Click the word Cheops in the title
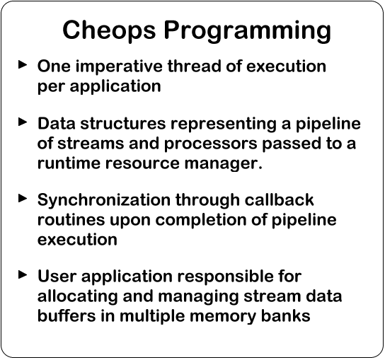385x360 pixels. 109,30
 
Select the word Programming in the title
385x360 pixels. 248,31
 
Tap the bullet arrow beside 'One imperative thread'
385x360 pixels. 23,64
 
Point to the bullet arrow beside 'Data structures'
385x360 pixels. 23,122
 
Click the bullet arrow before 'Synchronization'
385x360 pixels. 23,198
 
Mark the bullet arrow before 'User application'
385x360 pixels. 23,274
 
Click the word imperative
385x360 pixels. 119,67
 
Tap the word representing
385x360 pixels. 224,124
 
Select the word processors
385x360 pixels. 210,144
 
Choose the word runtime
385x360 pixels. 69,163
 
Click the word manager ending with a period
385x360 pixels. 224,164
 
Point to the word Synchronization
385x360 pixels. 104,200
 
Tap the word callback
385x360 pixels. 279,199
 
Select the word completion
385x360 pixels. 201,221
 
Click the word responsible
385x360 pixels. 226,277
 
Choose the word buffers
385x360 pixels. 67,315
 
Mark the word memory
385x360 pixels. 223,317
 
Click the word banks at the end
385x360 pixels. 286,315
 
